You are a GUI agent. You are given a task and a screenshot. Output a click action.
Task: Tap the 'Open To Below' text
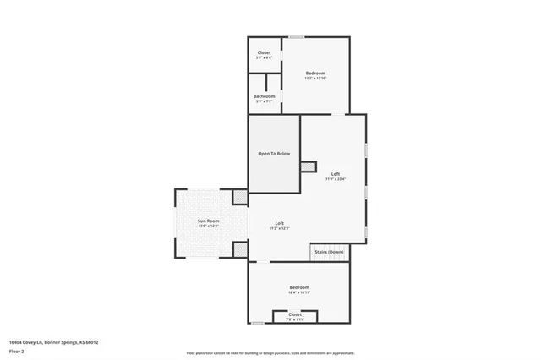click(274, 154)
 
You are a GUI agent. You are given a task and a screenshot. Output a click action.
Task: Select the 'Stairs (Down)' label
click(329, 252)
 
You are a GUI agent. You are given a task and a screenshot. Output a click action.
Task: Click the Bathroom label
click(265, 96)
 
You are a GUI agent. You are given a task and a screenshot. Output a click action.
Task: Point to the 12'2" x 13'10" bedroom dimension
click(315, 79)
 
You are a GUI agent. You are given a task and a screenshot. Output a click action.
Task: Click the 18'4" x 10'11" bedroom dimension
click(299, 292)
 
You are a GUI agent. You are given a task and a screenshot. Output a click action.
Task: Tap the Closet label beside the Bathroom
click(265, 52)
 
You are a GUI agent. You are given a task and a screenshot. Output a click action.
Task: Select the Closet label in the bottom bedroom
click(295, 314)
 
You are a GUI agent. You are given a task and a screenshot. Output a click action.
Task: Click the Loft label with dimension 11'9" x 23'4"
click(336, 173)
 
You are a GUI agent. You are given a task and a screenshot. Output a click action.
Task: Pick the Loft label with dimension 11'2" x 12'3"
click(280, 223)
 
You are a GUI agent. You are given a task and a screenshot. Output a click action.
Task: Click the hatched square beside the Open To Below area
click(309, 166)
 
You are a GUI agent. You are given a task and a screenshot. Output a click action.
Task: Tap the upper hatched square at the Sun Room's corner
click(240, 197)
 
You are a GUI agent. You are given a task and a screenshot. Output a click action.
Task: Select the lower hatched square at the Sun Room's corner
click(240, 250)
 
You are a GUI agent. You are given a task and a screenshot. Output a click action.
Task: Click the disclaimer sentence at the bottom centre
click(270, 352)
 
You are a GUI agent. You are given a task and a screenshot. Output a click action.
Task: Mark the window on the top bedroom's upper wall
click(297, 37)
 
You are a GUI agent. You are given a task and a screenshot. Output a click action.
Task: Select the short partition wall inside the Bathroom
click(266, 83)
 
